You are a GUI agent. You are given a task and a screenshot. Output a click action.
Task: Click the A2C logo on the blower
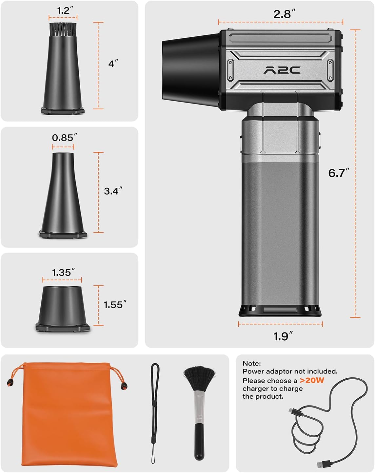click(282, 70)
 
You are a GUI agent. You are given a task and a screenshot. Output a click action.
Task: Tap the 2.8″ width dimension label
click(285, 14)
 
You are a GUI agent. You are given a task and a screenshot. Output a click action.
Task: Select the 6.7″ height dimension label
click(339, 173)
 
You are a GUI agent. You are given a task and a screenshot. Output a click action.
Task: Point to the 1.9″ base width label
click(283, 336)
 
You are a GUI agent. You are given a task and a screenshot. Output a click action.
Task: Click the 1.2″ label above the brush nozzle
click(65, 10)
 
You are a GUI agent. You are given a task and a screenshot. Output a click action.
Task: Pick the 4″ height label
click(113, 64)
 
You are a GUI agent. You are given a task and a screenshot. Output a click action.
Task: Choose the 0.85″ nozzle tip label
click(65, 138)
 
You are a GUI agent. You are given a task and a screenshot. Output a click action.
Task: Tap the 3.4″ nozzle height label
click(113, 191)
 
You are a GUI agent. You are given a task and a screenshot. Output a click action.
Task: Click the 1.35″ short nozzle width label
click(63, 273)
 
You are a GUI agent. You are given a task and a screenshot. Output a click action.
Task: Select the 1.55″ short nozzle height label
click(115, 305)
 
